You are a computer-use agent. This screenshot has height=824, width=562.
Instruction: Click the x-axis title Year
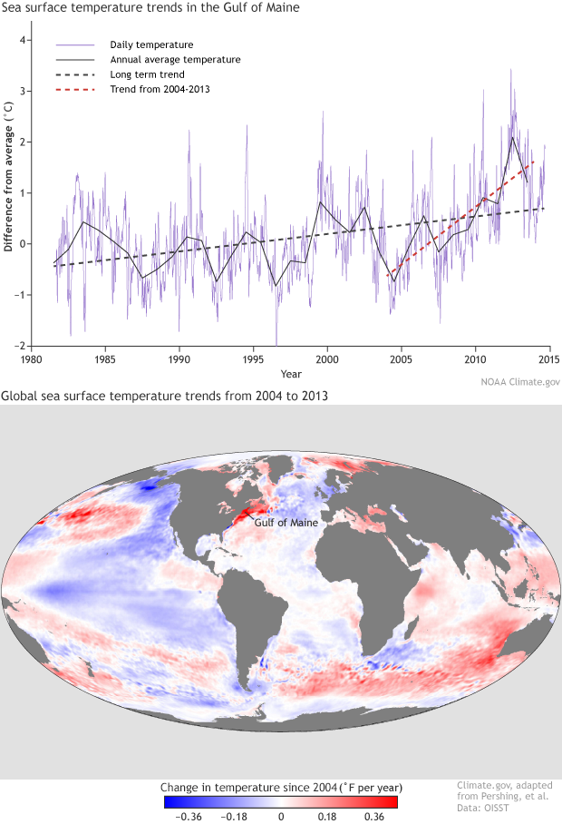point(291,373)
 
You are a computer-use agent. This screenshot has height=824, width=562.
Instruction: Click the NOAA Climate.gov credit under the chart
point(518,382)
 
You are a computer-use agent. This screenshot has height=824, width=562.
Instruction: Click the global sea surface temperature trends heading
point(163,396)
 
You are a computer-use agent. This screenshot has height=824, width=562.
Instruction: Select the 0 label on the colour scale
point(281,816)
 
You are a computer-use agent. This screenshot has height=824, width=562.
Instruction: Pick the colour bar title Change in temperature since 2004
point(280,786)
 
